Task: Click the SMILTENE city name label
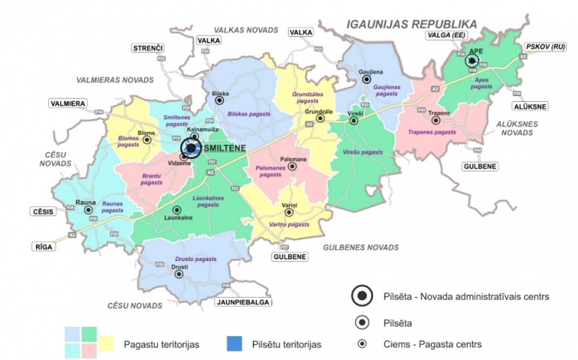coord(226,147)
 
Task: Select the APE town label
coord(475,51)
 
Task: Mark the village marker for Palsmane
coord(293,166)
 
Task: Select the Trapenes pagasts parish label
coord(432,132)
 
